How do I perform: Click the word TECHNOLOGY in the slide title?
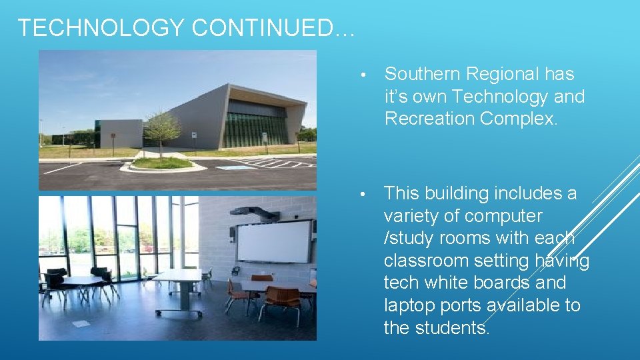coord(100,27)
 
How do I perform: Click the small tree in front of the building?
coord(161,130)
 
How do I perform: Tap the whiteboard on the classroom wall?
coord(274,241)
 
